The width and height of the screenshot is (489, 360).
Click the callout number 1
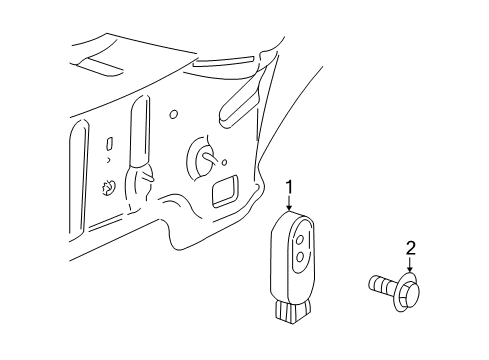click(290, 187)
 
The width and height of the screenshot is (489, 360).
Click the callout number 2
click(411, 248)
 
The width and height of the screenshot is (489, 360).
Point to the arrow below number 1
click(289, 202)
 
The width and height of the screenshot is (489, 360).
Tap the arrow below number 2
click(410, 264)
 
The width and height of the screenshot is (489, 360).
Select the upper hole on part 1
click(300, 239)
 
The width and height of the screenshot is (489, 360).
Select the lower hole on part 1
click(300, 257)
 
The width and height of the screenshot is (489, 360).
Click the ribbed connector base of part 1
click(291, 311)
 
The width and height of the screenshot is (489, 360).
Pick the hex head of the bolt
click(411, 292)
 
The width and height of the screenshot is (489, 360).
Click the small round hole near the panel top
click(173, 114)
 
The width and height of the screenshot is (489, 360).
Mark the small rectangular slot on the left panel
click(109, 143)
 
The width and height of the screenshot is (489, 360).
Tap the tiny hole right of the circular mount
click(225, 162)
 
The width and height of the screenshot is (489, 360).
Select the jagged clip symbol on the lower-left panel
click(108, 188)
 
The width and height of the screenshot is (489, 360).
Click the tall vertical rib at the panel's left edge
click(79, 179)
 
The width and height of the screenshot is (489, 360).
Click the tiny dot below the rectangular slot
click(108, 160)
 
